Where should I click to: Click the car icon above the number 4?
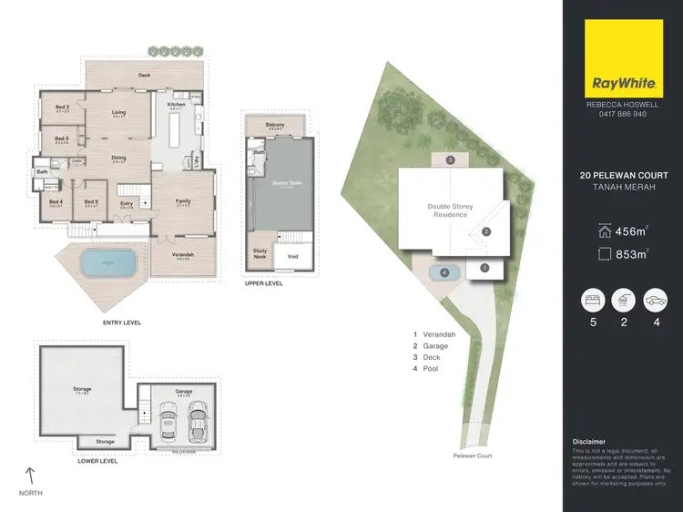(656, 300)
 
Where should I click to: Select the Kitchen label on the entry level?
(176, 104)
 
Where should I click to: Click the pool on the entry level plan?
(107, 265)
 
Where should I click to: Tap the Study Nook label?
(260, 253)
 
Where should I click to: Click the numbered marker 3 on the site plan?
(450, 160)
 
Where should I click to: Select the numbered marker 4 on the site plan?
(444, 271)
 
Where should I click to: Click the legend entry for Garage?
(435, 346)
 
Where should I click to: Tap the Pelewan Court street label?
(472, 455)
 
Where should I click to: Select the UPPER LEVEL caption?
(263, 283)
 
